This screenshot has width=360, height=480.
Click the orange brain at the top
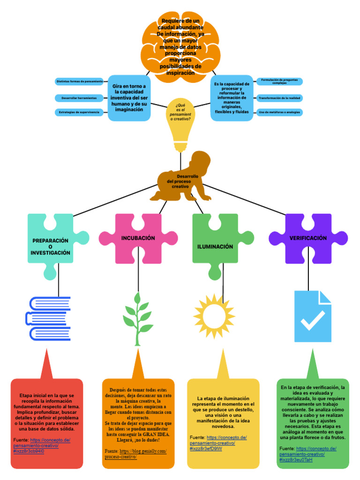click(180, 47)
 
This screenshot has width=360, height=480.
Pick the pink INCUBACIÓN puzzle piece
click(136, 239)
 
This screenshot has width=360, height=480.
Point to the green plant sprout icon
click(138, 319)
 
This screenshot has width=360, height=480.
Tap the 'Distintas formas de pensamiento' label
click(79, 82)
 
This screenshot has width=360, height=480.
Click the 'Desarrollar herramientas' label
click(79, 98)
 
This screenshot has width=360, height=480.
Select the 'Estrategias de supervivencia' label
click(79, 112)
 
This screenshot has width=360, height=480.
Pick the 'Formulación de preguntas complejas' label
click(279, 82)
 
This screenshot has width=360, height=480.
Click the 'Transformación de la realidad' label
click(279, 98)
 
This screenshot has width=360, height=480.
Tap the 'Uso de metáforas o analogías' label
click(279, 112)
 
